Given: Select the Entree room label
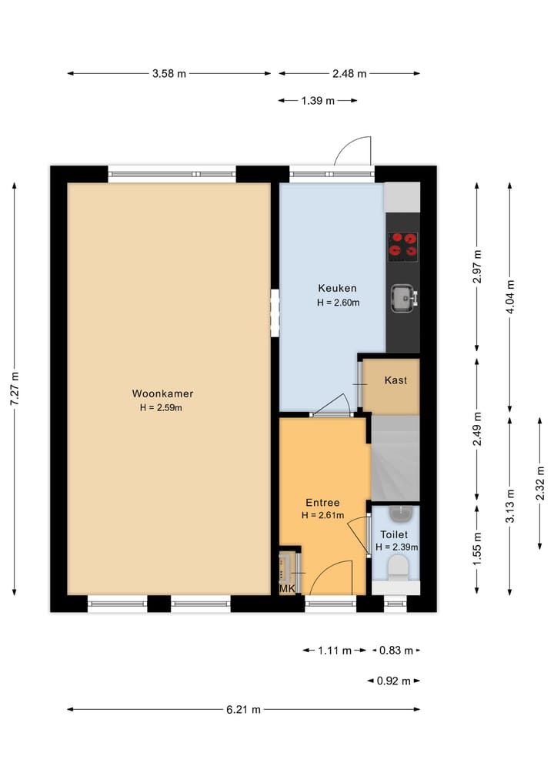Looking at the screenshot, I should point(322,502).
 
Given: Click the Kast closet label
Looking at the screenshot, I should point(395,380).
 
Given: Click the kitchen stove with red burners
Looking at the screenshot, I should point(403,245).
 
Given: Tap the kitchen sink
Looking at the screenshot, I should point(403,297).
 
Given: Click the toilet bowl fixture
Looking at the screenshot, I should point(397,569).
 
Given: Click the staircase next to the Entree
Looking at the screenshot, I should point(395,458).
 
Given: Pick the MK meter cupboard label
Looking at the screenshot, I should point(287,589).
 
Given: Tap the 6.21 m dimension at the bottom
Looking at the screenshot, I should point(243,709).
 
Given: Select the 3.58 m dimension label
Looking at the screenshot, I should point(169,74).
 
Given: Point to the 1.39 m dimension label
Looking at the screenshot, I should point(318,101).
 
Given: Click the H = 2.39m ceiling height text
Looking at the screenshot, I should point(396,547).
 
